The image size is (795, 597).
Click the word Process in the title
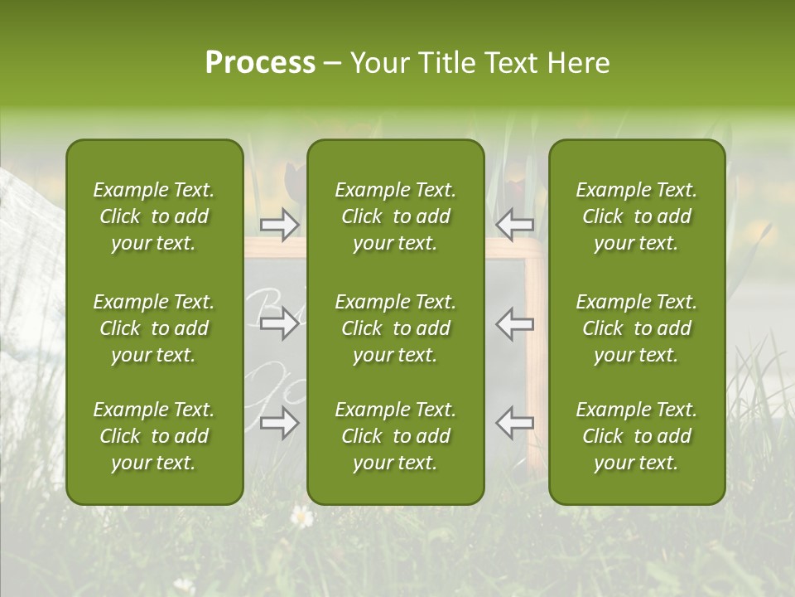click(x=260, y=63)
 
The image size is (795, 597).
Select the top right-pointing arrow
click(x=280, y=224)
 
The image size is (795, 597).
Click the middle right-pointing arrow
click(x=280, y=323)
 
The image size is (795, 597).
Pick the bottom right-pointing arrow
click(x=280, y=423)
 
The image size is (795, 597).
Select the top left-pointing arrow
click(x=515, y=224)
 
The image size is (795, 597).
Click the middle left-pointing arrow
click(x=515, y=323)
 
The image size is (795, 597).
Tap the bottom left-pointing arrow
click(x=515, y=423)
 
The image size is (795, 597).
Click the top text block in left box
click(x=154, y=216)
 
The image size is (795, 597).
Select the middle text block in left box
click(x=154, y=328)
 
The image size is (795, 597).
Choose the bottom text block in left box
click(x=154, y=436)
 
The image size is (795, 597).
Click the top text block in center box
click(x=395, y=216)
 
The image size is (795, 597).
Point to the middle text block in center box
click(x=395, y=328)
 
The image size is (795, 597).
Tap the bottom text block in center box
click(x=395, y=436)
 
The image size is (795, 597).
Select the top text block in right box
click(x=636, y=216)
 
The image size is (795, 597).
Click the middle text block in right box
click(x=636, y=328)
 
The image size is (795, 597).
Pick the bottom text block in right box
click(x=636, y=436)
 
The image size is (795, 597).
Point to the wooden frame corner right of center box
click(x=535, y=250)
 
